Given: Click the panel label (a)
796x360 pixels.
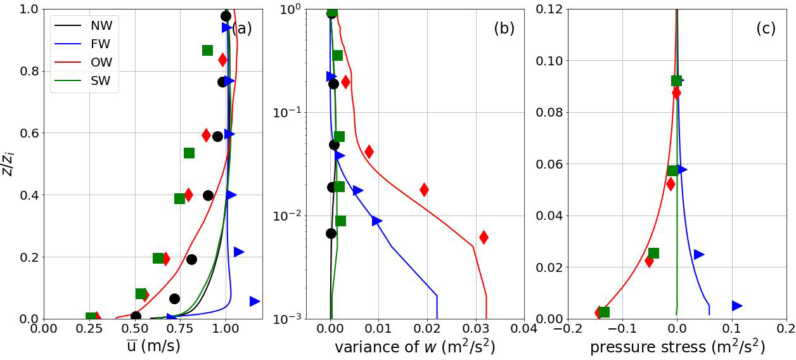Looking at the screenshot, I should (x=241, y=29).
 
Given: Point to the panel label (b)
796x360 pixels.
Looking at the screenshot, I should (x=504, y=29).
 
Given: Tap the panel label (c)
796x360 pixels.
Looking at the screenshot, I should (x=766, y=29).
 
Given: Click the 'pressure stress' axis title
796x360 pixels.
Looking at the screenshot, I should (x=677, y=347).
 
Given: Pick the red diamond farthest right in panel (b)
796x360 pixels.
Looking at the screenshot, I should (x=484, y=237).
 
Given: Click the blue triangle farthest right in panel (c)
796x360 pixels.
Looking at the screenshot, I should (x=737, y=305).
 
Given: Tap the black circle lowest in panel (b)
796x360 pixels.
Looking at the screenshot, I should (x=331, y=233).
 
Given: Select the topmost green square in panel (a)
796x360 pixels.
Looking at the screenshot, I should (x=207, y=50).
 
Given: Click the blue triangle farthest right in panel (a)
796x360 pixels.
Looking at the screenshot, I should (x=255, y=301).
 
